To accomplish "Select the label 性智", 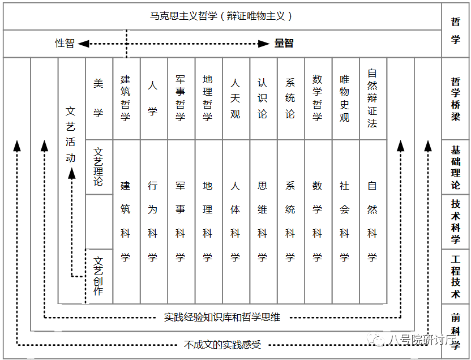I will coord(65,43).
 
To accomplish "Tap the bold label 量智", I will coord(284,43).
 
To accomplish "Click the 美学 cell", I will coord(99,98).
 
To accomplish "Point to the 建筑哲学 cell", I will coord(126,98).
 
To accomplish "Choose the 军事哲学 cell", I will coord(181,98).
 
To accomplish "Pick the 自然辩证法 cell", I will coord(372,98).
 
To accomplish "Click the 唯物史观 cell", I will coord(345,98).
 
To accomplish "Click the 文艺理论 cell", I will coord(99,167).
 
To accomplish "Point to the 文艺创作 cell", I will coord(99,276).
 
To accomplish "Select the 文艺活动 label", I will coord(71,135).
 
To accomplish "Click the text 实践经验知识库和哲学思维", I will coord(222,317).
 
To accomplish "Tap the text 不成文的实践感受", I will coord(222,344).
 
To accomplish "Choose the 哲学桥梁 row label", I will coord(456,99).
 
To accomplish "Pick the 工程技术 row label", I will coord(456,277).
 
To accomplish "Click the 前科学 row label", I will coord(456,332).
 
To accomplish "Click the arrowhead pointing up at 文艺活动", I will coord(72,174).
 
